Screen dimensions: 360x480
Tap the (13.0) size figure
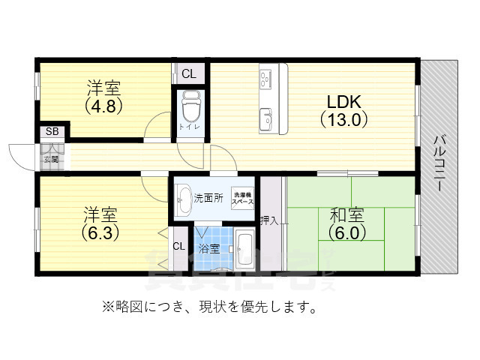pos(343,118)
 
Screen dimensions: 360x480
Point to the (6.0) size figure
pos(346,232)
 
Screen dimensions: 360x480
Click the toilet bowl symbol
pos(189,106)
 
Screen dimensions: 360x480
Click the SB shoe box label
pos(52,132)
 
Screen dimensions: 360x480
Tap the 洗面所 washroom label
pos(208,199)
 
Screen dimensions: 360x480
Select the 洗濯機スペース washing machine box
pos(241,198)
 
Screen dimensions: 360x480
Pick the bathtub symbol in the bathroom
pos(243,248)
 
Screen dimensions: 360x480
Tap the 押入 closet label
pos(269,220)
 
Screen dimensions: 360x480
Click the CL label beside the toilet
pos(188,73)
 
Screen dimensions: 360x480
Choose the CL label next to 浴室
pos(179,246)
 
